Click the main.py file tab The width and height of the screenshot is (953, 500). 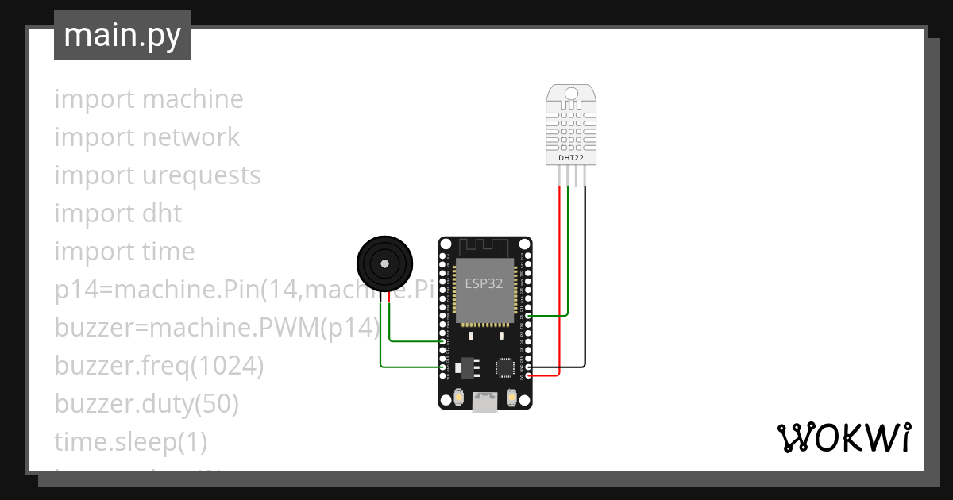(122, 35)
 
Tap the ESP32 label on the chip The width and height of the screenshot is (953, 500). (483, 284)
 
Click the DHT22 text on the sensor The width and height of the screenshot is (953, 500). (570, 157)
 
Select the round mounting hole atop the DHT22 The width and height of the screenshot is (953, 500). (570, 94)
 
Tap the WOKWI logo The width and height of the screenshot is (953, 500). (843, 437)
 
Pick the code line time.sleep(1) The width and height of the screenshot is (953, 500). (130, 441)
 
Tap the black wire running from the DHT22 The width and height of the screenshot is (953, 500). (585, 278)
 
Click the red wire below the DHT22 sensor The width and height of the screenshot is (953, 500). (560, 278)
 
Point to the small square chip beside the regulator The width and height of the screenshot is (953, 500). (504, 367)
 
